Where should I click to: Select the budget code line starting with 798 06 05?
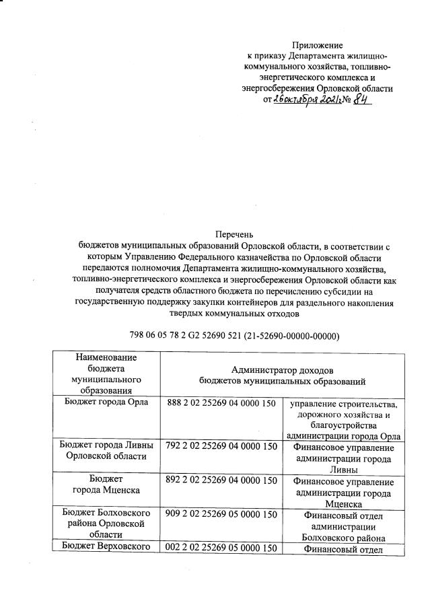click(234, 336)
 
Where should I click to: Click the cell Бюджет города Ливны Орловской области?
click(106, 452)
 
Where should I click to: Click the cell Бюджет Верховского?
click(106, 549)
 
